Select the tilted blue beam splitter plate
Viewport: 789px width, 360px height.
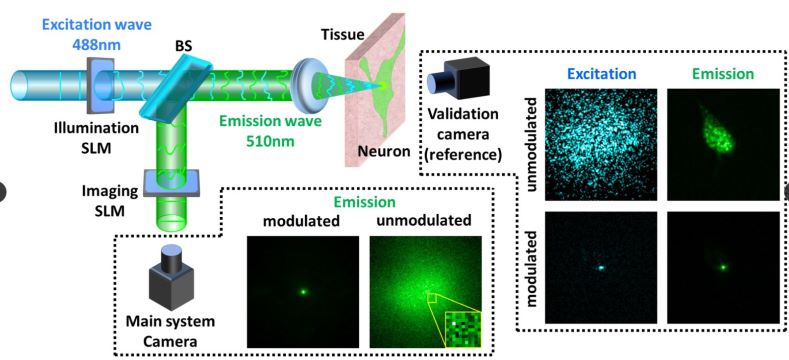coord(174,90)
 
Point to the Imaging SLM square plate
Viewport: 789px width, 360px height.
coord(171,183)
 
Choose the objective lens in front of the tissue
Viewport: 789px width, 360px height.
coord(303,86)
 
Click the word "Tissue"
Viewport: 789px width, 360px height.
coord(342,35)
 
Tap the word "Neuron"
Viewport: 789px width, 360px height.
coord(384,151)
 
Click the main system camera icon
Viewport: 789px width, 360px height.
coord(172,277)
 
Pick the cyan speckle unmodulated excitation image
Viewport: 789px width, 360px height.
coord(601,145)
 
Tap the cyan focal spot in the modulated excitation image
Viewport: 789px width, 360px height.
coord(601,268)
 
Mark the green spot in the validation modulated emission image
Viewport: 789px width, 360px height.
coord(723,267)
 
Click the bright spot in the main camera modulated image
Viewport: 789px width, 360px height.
coord(303,291)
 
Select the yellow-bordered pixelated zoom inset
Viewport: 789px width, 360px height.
coord(463,329)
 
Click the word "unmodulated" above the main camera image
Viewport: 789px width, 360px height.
coord(426,221)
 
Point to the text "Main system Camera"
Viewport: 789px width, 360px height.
coord(170,331)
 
